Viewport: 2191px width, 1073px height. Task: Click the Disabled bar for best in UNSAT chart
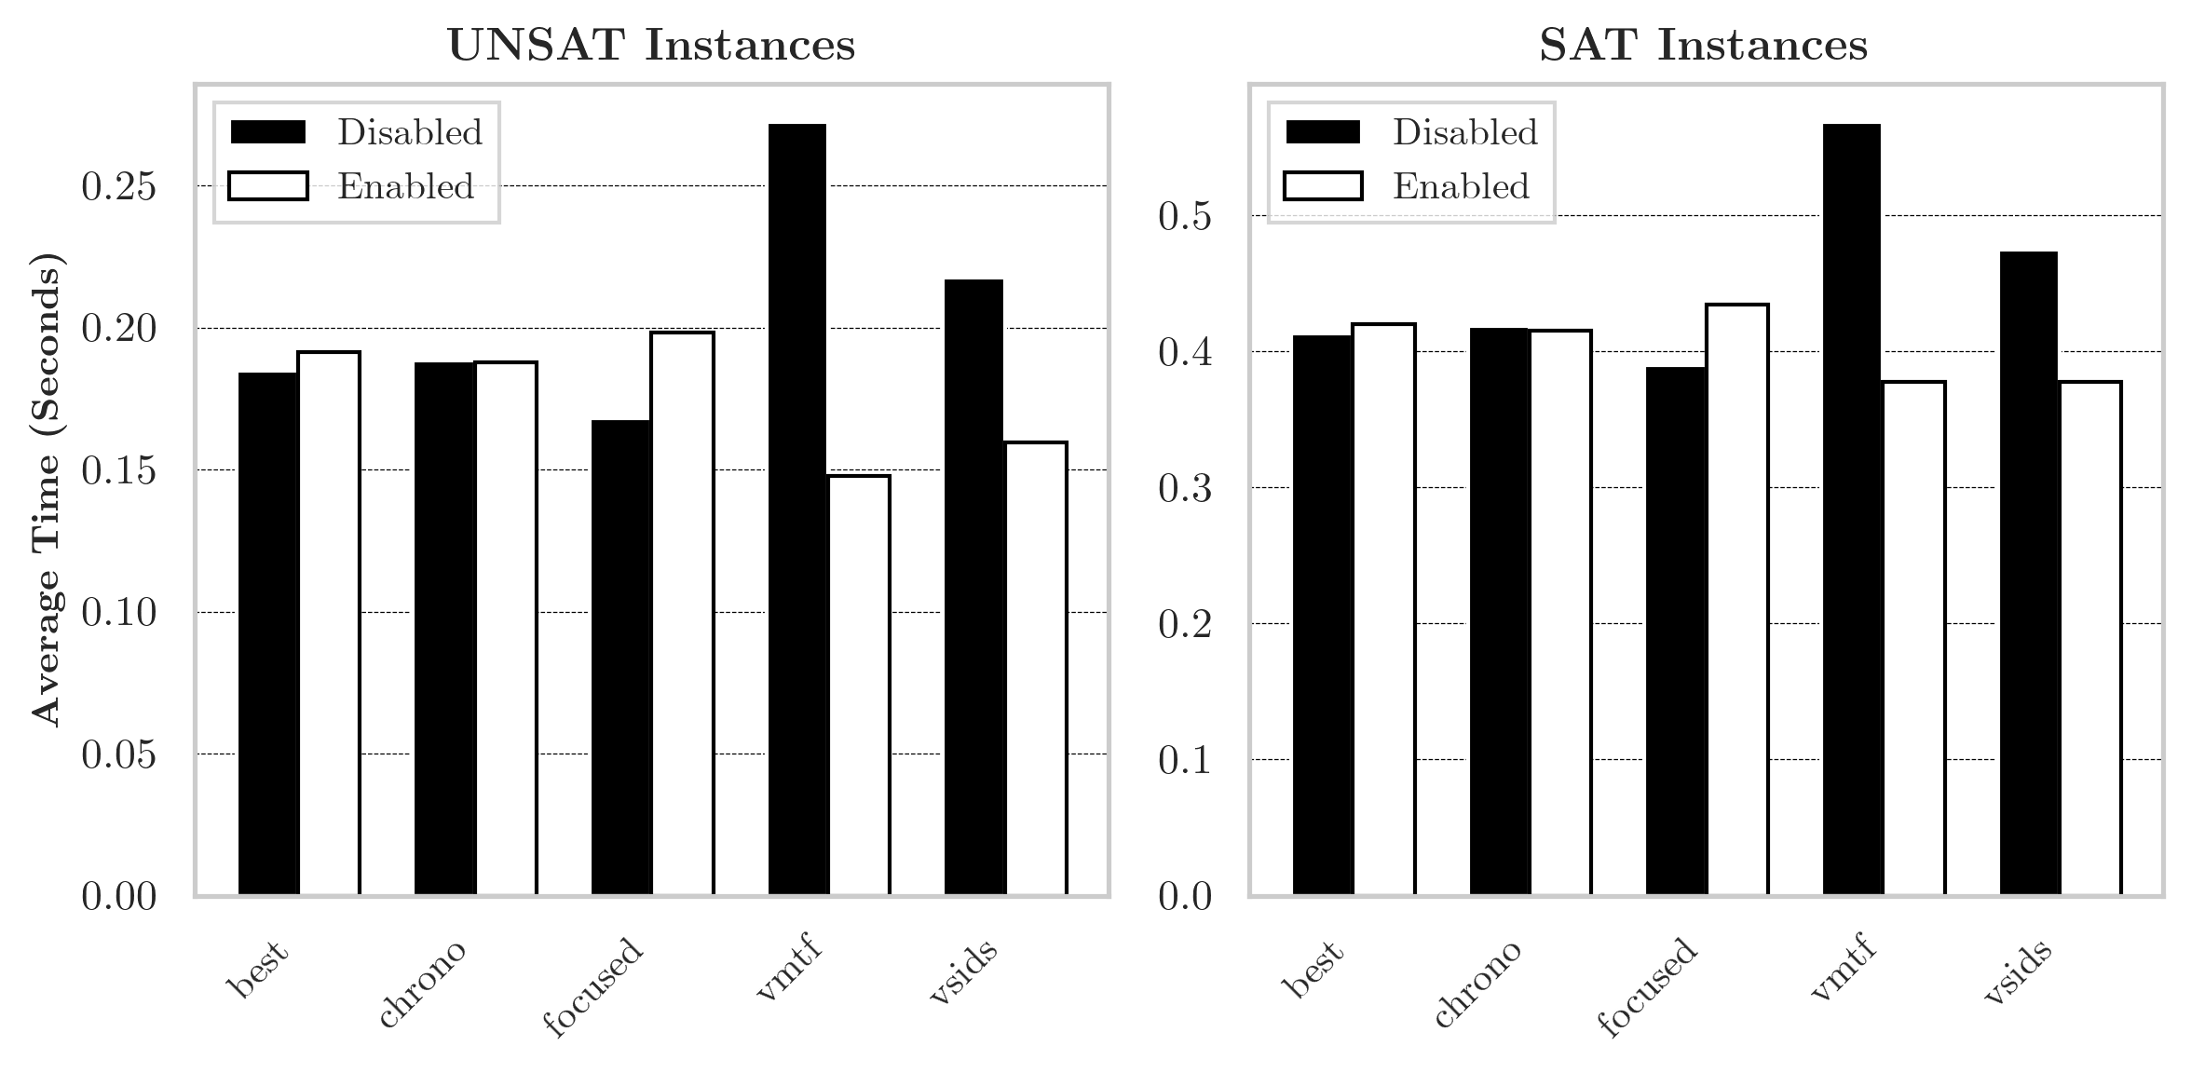pos(268,633)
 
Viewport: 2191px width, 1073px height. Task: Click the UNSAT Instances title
pos(651,46)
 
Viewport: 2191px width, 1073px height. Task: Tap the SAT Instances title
pos(1704,46)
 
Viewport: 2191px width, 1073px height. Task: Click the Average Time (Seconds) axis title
pos(47,489)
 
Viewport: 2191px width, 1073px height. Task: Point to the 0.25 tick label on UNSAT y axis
pos(118,187)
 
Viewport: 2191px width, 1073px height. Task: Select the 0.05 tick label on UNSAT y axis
pos(118,755)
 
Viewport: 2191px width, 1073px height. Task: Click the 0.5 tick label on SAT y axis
pos(1185,217)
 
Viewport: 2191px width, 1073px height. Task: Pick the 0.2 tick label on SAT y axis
pos(1185,625)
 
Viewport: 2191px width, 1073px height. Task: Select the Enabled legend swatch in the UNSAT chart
pos(268,186)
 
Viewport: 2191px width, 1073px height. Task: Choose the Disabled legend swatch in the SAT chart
pos(1323,132)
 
